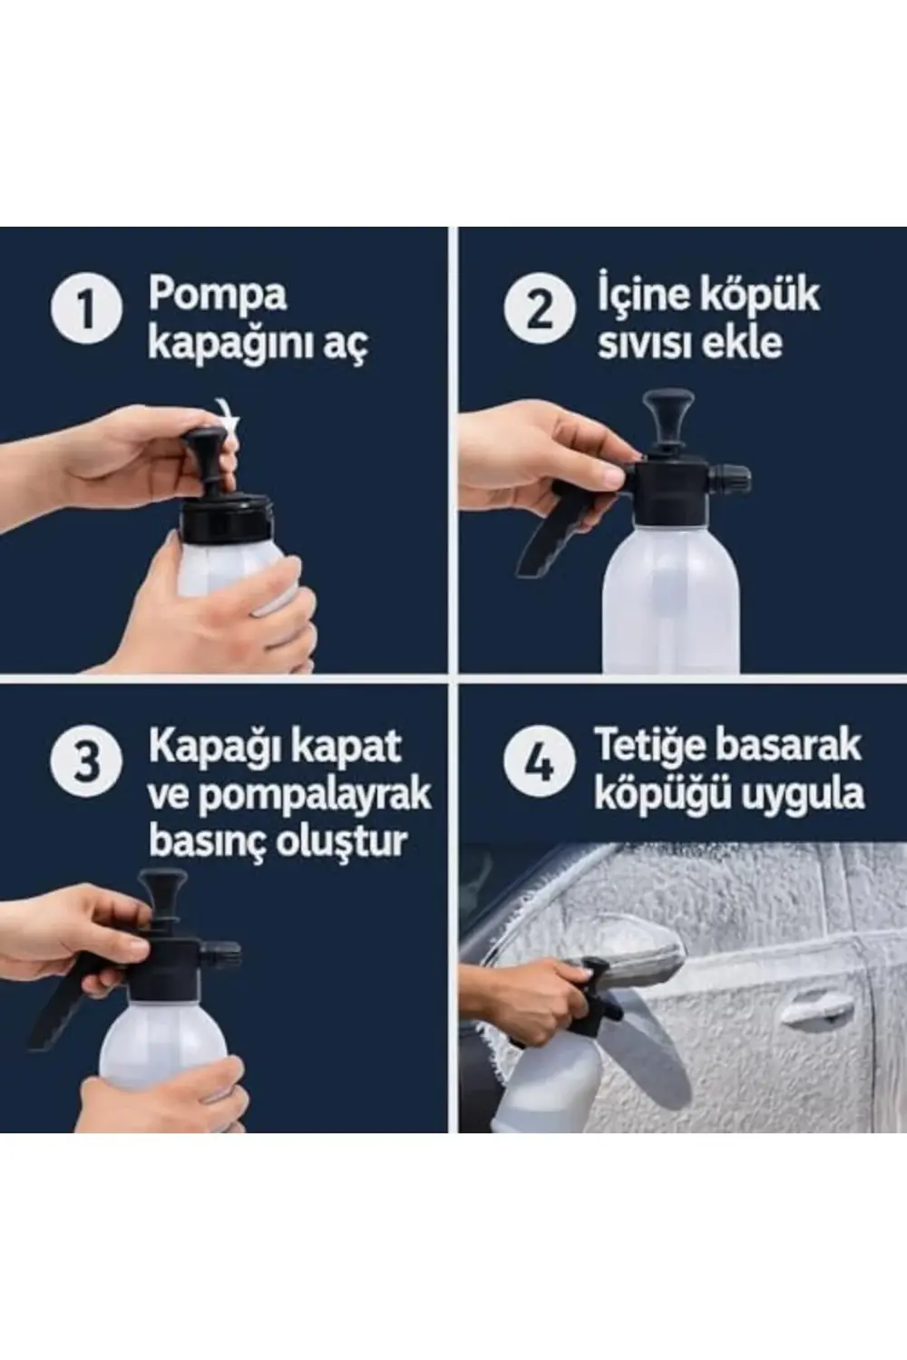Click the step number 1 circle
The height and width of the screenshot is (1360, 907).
click(x=86, y=309)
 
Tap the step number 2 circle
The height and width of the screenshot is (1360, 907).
click(x=539, y=309)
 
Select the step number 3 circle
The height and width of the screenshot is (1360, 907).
click(x=86, y=761)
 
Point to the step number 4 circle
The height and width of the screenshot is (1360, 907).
click(x=539, y=761)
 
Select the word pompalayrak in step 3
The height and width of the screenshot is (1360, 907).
click(x=314, y=794)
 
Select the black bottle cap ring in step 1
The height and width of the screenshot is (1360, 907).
click(x=227, y=519)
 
